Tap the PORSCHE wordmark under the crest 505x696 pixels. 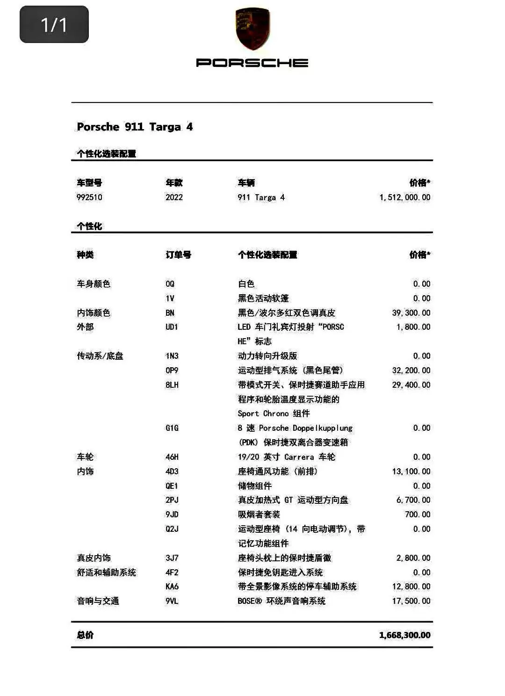coord(252,63)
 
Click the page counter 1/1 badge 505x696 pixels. coord(54,24)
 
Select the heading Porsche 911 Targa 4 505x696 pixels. coord(135,127)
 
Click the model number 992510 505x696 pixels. coord(89,197)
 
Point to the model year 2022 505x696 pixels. coord(174,197)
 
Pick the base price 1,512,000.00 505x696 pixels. coord(404,197)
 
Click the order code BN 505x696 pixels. coord(170,313)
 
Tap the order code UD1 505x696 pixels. coord(172,327)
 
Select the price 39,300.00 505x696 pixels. coord(411,313)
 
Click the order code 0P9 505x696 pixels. coord(172,370)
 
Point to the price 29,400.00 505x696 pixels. coord(411,385)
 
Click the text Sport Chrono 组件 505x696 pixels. coord(274,413)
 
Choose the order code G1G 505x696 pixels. coord(172,428)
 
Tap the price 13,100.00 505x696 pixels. coord(411,471)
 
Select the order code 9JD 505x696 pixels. coord(172,515)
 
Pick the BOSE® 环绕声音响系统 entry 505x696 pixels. coord(281,601)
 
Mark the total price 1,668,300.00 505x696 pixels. coord(404,635)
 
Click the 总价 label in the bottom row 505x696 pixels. coord(85,635)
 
